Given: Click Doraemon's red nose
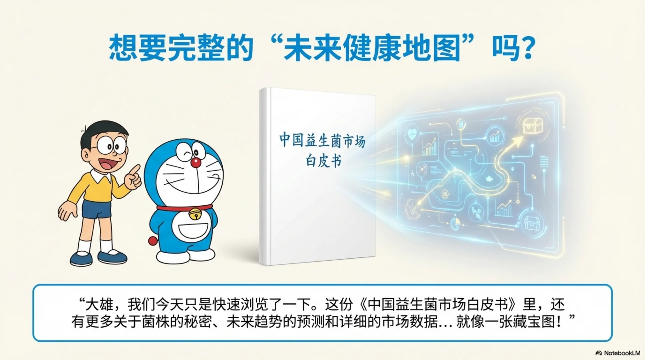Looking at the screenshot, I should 196,163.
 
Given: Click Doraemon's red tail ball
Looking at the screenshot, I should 153,241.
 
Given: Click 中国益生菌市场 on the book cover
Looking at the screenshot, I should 322,140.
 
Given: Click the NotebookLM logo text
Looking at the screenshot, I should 622,353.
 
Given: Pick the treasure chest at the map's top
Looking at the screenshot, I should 532,125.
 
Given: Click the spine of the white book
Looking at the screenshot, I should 264,177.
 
